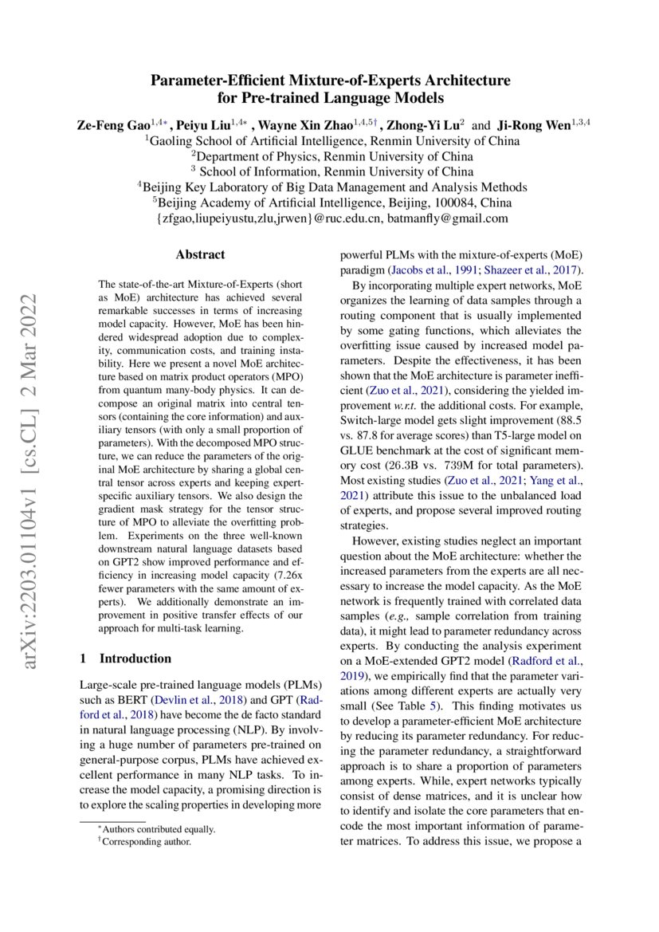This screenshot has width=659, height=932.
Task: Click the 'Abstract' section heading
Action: tap(200, 255)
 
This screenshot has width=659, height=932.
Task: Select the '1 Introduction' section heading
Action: tap(126, 659)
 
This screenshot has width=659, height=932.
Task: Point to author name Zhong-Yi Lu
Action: tap(423, 125)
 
